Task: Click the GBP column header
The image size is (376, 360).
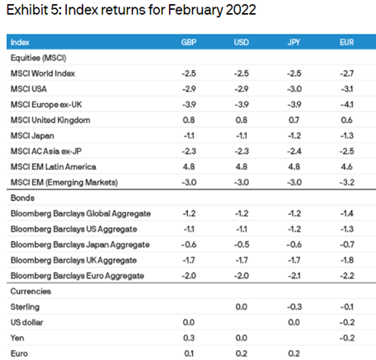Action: (x=189, y=42)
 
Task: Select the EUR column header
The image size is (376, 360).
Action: (x=346, y=42)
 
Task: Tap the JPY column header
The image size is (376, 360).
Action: (x=294, y=42)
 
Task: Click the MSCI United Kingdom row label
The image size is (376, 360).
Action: (x=50, y=120)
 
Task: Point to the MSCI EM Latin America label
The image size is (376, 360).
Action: (x=54, y=166)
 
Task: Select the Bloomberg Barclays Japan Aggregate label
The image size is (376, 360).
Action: (x=80, y=245)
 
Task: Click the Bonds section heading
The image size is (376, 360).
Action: (x=22, y=198)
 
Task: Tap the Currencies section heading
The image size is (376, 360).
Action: (x=31, y=291)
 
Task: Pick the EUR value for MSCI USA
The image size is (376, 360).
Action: (x=346, y=89)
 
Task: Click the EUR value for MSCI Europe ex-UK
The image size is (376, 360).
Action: (x=346, y=105)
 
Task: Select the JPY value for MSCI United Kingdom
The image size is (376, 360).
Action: (x=294, y=120)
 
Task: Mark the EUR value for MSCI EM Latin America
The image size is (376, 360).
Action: (x=346, y=166)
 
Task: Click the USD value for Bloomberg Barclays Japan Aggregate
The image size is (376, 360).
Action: (x=242, y=245)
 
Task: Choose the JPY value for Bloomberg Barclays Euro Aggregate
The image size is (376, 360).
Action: (x=294, y=276)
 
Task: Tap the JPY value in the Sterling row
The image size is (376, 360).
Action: (x=294, y=306)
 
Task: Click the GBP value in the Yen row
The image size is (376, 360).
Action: (x=189, y=338)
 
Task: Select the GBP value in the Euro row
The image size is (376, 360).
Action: (x=189, y=353)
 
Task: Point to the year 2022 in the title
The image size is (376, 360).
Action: (x=241, y=10)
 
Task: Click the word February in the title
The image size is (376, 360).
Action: (x=195, y=11)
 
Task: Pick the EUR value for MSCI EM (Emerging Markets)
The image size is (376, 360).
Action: (x=347, y=182)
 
